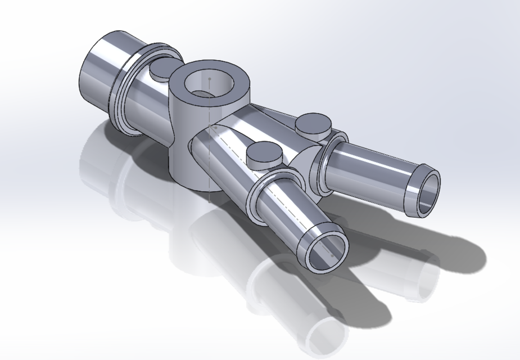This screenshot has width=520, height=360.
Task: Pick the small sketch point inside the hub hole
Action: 210,78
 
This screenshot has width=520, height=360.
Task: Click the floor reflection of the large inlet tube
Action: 101,163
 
